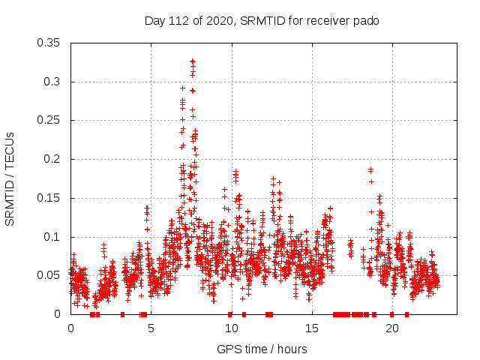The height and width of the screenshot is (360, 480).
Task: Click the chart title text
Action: pos(262,20)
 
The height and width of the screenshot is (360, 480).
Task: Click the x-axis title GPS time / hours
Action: pos(262,349)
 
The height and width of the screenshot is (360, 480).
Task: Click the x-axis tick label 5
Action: pos(151,328)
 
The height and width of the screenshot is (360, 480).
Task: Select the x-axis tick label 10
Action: pos(231,328)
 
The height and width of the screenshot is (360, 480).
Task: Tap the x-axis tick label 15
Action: pos(311,328)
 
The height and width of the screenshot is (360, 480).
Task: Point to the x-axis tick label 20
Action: pos(391,328)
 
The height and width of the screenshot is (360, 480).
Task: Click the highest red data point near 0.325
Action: pos(193,61)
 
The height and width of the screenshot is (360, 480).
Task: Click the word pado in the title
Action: pos(367,20)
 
